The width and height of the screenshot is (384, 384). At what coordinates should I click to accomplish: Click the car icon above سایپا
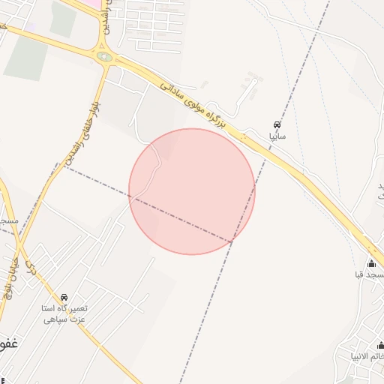click(277, 124)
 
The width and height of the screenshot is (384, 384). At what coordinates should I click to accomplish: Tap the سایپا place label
click(277, 137)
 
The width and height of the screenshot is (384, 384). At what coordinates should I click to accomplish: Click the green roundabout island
click(105, 56)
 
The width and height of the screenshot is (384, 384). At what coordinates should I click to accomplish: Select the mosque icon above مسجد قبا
click(371, 263)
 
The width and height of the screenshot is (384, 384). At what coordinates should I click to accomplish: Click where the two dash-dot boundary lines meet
click(232, 241)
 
